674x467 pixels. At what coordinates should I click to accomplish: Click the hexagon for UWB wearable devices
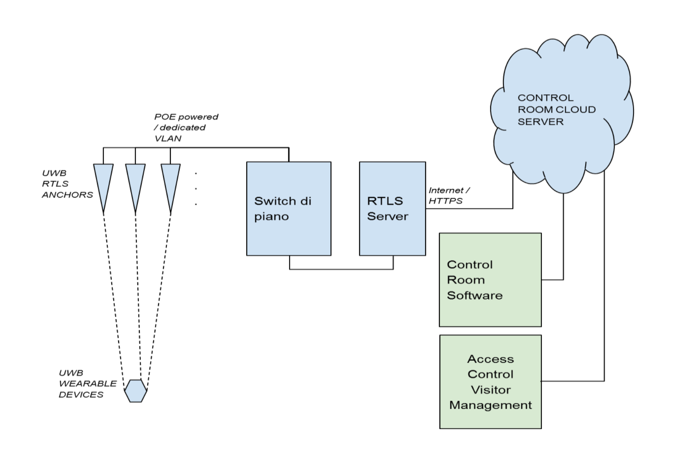point(135,391)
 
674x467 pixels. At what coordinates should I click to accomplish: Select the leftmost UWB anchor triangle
point(103,180)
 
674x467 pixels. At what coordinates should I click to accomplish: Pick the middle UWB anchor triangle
point(135,180)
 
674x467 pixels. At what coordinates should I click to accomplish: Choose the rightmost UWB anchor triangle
point(170,180)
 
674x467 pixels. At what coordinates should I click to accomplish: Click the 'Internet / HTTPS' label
point(448,196)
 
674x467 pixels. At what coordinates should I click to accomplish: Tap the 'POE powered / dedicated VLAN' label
point(186,127)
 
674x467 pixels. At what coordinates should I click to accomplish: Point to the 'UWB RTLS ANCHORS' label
point(67,184)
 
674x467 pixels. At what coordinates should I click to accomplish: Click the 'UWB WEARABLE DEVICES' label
point(88,384)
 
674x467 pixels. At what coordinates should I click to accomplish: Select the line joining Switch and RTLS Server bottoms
point(341,269)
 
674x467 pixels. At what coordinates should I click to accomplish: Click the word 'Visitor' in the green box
point(491,390)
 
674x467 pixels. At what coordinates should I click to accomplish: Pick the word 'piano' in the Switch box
point(271,217)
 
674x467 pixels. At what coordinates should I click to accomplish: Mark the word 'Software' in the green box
point(475,296)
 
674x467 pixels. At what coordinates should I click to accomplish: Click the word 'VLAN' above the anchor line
point(168,138)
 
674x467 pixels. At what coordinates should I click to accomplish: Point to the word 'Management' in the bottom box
point(491,405)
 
